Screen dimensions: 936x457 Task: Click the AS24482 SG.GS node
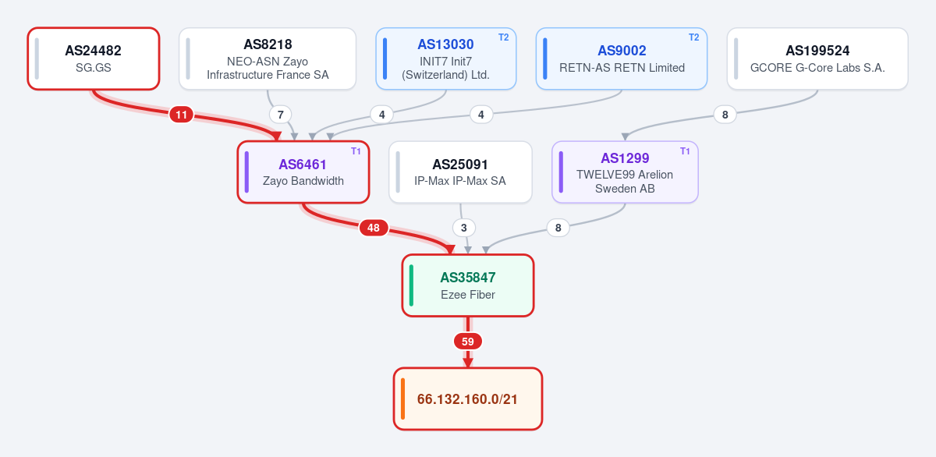(x=94, y=58)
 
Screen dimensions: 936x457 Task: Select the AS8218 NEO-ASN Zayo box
(x=268, y=58)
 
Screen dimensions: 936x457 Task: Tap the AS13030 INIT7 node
(x=446, y=58)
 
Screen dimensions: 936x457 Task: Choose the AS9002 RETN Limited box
(x=622, y=58)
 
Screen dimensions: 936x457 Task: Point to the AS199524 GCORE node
(x=817, y=58)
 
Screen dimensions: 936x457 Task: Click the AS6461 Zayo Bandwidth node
(x=303, y=172)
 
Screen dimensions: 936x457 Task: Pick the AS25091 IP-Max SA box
(x=460, y=172)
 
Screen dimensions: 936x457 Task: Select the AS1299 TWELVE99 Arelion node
(x=625, y=172)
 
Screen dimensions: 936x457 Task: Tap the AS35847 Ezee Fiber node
(x=468, y=285)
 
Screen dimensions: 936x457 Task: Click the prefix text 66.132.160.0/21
(x=467, y=399)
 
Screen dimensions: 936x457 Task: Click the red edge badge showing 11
(x=181, y=115)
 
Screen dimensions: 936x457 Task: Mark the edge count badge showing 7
(x=280, y=115)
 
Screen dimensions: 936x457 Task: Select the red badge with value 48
(x=374, y=228)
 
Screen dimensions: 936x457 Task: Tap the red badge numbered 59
(x=468, y=342)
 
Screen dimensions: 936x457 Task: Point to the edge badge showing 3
(x=464, y=228)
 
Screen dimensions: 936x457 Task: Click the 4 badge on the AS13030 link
(x=382, y=115)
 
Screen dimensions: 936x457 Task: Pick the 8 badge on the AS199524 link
(x=725, y=115)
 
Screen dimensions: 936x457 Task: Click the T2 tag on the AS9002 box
(x=693, y=37)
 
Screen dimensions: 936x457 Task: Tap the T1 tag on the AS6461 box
(x=356, y=151)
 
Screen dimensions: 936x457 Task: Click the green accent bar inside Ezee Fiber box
(x=412, y=285)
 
